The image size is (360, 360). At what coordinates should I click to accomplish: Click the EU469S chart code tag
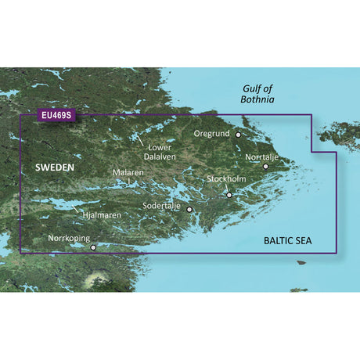54,116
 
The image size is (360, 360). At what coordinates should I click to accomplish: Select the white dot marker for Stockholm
229,195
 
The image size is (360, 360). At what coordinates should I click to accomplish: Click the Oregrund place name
212,133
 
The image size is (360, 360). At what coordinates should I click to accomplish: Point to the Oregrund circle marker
239,135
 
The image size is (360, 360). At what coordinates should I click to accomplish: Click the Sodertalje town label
161,206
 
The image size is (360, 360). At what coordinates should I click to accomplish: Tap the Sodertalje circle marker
189,210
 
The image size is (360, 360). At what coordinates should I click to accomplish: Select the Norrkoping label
69,237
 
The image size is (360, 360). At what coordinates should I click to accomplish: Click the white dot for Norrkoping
94,247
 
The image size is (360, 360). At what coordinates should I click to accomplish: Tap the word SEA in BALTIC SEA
301,219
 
